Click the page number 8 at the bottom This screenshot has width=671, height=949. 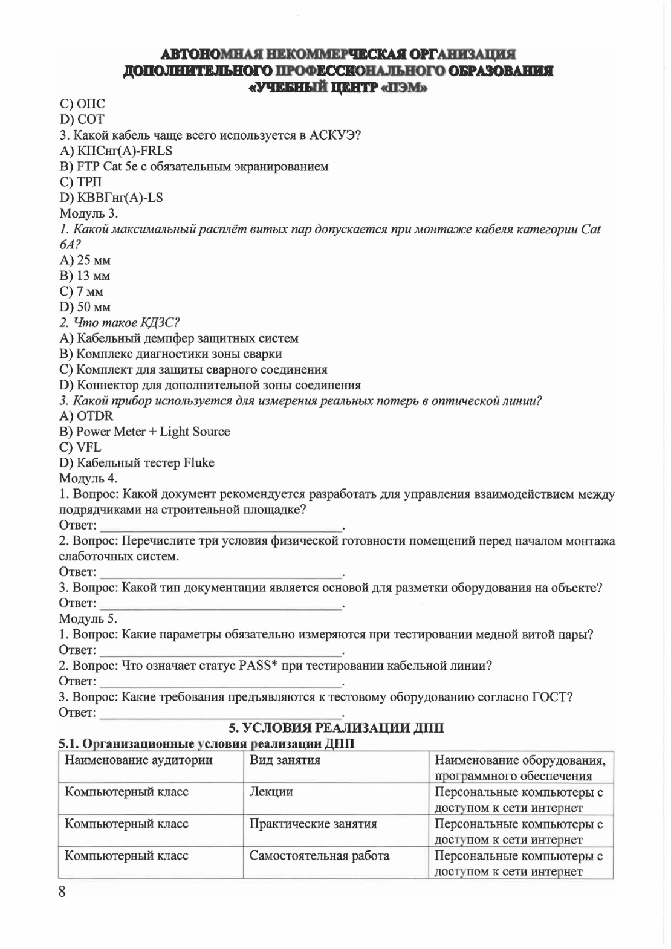[62, 892]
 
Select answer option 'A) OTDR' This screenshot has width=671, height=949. [86, 416]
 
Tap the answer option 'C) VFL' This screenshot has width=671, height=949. [80, 447]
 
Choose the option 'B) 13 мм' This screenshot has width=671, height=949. [85, 276]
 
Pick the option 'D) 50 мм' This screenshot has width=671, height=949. [85, 307]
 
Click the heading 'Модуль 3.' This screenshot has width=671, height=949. [89, 213]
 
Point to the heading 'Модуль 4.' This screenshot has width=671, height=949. [88, 478]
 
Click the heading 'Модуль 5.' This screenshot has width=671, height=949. [88, 618]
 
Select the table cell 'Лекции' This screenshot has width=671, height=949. [271, 792]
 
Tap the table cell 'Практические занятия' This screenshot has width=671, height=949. [313, 824]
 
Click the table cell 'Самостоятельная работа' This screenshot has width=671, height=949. [319, 856]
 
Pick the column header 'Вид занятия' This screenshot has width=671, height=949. [285, 760]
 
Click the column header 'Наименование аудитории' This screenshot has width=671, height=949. [138, 760]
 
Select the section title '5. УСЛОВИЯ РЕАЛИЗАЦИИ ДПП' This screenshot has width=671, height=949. [335, 728]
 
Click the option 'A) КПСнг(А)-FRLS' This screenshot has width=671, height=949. [115, 151]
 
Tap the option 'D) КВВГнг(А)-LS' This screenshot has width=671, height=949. [111, 198]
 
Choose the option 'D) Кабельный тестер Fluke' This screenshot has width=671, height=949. [137, 463]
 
